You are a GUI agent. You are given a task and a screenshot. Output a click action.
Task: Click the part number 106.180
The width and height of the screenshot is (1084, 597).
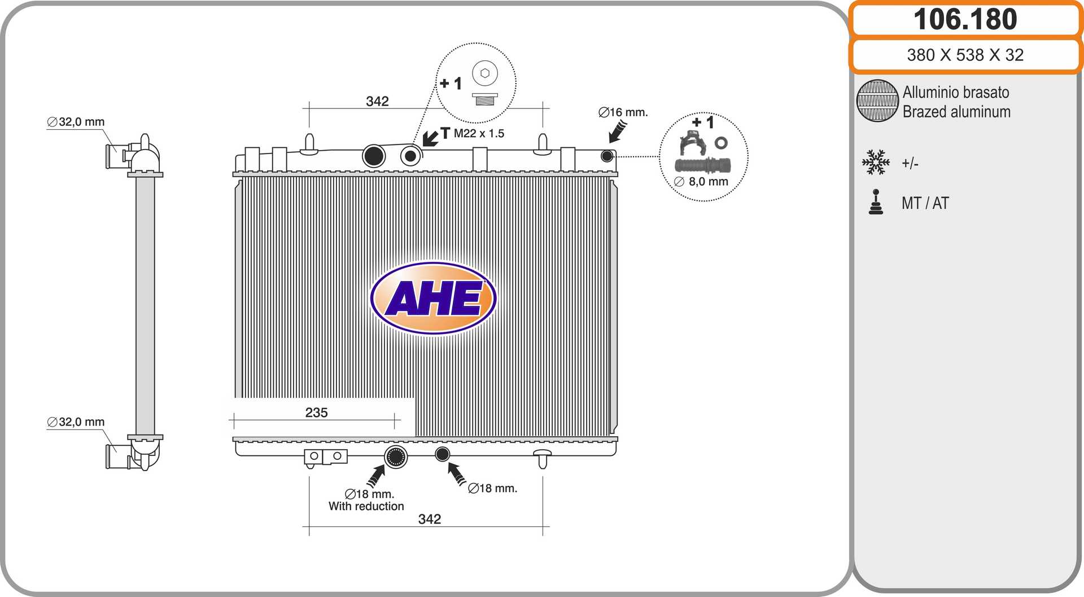coord(965,19)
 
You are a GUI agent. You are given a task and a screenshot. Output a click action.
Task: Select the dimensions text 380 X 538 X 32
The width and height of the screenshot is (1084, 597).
coord(965,55)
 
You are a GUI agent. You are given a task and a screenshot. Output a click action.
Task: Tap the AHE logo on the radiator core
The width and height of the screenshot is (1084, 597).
coord(433,298)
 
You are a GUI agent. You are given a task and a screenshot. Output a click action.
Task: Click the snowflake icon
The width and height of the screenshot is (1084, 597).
coord(876,163)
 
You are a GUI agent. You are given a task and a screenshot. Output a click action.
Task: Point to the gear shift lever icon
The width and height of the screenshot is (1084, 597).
coord(876,202)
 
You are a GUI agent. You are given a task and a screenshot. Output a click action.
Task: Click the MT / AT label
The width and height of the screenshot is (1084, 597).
coord(925,203)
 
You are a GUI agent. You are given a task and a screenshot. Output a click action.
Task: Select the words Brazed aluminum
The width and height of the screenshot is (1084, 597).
coord(956,112)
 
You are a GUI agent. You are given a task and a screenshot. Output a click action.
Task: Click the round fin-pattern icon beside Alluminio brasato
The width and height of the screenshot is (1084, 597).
coord(877,100)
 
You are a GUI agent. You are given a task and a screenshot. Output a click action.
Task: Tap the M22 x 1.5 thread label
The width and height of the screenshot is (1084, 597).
coord(479,133)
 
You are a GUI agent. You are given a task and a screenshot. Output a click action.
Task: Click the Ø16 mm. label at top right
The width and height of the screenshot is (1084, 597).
coord(623,112)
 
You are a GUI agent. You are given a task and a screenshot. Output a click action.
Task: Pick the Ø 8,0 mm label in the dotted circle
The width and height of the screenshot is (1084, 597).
coord(701,181)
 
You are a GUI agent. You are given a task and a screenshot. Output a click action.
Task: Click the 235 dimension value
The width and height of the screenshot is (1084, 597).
coord(316,412)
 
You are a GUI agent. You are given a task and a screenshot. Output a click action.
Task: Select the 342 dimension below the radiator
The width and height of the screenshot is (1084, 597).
coord(430,519)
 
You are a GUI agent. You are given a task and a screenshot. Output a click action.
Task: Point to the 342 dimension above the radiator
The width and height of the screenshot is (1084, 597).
coord(377,101)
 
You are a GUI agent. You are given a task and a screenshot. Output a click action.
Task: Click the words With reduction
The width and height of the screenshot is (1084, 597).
coord(366,506)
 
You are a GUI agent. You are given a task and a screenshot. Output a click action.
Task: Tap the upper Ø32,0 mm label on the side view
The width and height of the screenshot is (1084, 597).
coord(76,122)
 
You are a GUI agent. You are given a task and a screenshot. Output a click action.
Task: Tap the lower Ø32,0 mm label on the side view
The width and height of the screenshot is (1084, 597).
coord(76,422)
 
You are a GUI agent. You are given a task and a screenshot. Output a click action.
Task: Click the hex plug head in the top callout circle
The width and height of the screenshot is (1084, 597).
coord(484,73)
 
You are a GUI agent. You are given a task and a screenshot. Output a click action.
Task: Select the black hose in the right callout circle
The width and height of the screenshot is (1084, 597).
coord(703,166)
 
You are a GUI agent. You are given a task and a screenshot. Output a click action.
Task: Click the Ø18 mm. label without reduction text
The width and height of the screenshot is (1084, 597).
coord(492,488)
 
